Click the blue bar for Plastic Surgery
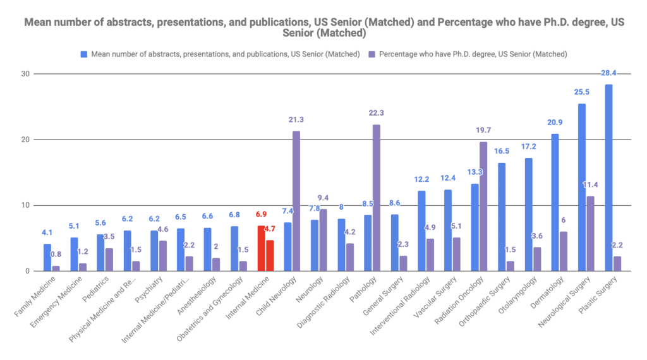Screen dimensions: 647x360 [x=608, y=177]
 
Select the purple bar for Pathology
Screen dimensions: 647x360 [x=377, y=198]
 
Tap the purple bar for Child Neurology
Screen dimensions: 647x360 [x=296, y=201]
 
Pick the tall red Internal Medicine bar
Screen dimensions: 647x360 [x=261, y=248]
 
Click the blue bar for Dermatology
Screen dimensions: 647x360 [x=555, y=203]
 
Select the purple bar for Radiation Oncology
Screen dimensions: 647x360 [x=483, y=207]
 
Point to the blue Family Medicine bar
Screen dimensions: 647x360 [x=47, y=257]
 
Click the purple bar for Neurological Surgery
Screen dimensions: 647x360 [x=591, y=234]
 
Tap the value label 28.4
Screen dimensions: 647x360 [x=608, y=73]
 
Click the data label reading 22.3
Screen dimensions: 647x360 [x=377, y=113]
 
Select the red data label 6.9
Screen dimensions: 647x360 [x=261, y=215]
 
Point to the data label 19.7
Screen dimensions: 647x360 [x=483, y=130]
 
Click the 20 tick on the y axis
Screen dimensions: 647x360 [x=25, y=140]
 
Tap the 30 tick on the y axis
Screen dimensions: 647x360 [x=25, y=74]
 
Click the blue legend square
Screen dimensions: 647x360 [x=84, y=54]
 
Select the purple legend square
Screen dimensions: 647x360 [x=372, y=54]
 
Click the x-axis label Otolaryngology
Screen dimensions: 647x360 [x=518, y=294]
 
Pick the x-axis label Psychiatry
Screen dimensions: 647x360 [x=149, y=289]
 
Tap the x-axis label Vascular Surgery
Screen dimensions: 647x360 [x=435, y=297]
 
